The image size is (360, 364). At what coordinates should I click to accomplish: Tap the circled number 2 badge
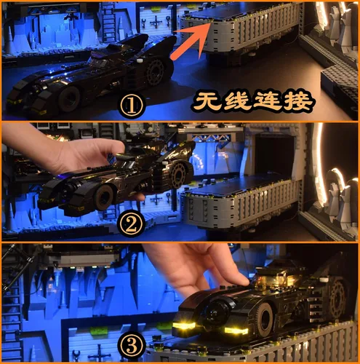click(132, 226)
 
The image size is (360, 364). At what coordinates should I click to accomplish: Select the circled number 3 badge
click(132, 347)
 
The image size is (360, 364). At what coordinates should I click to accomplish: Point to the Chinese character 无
click(207, 101)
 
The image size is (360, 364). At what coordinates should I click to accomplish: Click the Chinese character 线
click(237, 101)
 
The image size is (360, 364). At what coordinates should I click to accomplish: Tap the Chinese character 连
click(267, 101)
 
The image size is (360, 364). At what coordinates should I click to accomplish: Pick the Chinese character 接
click(297, 101)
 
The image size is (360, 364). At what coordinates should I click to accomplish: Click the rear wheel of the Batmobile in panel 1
click(155, 72)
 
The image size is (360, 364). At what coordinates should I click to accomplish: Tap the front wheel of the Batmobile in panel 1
click(69, 98)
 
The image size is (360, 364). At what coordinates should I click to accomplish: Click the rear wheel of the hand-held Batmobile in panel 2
click(179, 173)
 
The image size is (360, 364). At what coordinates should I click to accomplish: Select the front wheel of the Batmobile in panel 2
click(103, 197)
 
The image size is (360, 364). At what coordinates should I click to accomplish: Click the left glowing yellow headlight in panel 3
click(184, 325)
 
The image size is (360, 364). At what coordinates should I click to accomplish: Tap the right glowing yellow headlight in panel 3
click(236, 331)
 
